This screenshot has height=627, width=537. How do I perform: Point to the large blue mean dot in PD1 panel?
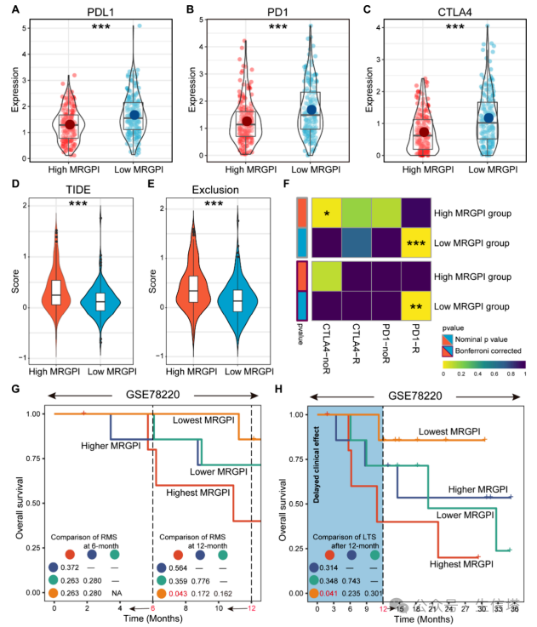[311, 110]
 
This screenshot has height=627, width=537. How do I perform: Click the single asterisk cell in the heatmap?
[332, 210]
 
